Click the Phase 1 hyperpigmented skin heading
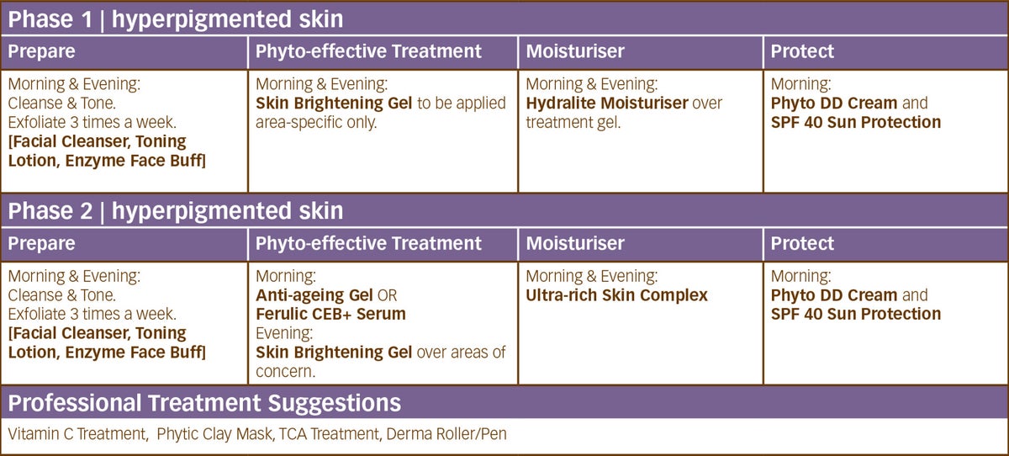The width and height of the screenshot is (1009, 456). (175, 19)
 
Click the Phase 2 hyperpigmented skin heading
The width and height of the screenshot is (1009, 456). (175, 211)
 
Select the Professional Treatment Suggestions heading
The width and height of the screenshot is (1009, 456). (204, 402)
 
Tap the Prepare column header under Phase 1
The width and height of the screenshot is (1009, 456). (41, 52)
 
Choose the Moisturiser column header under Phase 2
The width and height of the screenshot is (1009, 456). (575, 243)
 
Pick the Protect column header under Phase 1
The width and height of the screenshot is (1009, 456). (802, 51)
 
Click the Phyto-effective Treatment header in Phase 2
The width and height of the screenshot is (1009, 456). (368, 244)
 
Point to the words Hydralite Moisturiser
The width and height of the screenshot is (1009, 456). (607, 103)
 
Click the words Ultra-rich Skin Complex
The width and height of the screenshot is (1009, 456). (616, 295)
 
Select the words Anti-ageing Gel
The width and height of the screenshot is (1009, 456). (314, 295)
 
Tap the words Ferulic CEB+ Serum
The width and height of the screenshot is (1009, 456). (330, 314)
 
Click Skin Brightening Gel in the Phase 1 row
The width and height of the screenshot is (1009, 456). (334, 103)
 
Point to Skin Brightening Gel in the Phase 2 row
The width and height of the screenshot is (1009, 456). (334, 353)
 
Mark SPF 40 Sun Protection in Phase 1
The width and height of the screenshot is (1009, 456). (856, 122)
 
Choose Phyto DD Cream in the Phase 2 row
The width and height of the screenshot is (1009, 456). (834, 295)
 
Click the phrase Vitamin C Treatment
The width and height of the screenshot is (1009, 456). (77, 434)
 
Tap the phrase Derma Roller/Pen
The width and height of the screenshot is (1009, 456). (446, 434)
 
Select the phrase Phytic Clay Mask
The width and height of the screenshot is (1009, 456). (215, 434)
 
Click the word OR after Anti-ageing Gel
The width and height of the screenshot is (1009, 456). (388, 295)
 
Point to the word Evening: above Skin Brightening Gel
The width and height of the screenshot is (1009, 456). (284, 334)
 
